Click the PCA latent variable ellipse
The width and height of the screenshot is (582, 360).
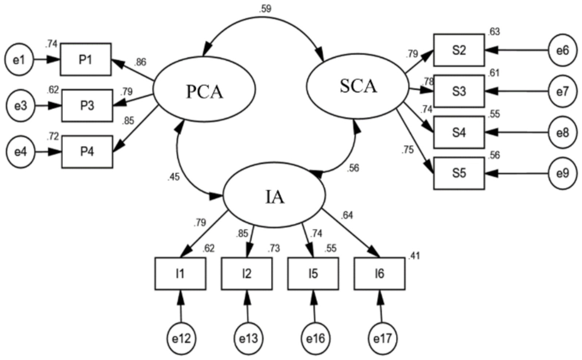pos(204,90)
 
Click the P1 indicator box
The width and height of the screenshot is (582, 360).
pos(86,60)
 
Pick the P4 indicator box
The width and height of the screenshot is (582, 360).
pos(87,152)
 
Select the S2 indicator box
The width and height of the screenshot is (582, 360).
pos(459,50)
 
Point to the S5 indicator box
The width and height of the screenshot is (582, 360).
pos(459,173)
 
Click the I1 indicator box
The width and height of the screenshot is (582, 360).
pos(180,274)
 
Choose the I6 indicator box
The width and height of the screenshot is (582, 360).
pos(380,274)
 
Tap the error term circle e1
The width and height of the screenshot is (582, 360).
pos(19,60)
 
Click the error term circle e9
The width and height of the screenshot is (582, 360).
pos(563,173)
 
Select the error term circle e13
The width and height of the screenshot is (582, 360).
pos(248,338)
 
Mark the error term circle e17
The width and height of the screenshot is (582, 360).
pos(382,338)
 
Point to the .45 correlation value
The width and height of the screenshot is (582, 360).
pos(173,177)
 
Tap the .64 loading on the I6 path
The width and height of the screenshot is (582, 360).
pos(347,215)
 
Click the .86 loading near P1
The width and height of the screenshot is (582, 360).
pos(140,62)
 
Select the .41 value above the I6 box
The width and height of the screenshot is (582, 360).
pos(414,256)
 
